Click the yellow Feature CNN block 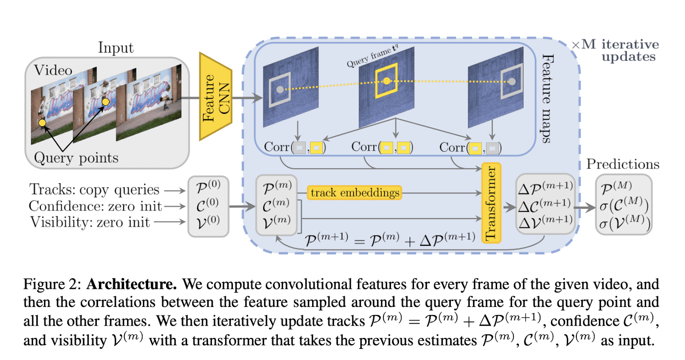click(x=216, y=97)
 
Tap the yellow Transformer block click(x=491, y=203)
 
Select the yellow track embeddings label click(x=354, y=193)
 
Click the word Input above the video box click(x=116, y=48)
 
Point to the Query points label click(x=76, y=158)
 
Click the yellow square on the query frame click(x=386, y=80)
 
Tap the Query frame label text click(x=372, y=57)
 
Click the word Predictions click(x=622, y=164)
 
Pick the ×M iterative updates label click(x=616, y=50)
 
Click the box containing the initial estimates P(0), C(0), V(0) click(x=208, y=206)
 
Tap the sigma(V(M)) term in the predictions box click(x=625, y=223)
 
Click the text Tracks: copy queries click(x=94, y=189)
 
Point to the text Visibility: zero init click(x=90, y=222)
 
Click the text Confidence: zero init click(x=95, y=206)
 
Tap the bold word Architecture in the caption click(x=131, y=284)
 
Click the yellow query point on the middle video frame click(x=106, y=101)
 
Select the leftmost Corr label click(x=276, y=147)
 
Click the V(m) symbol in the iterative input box click(x=276, y=222)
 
